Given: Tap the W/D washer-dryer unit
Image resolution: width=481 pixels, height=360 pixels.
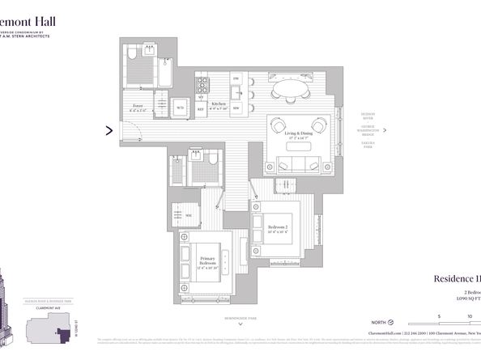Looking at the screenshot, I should pos(181,108).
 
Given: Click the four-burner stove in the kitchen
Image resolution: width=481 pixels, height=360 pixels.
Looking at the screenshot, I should pos(202,84).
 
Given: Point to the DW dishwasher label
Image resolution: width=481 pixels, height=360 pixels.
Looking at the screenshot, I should pos(236,78).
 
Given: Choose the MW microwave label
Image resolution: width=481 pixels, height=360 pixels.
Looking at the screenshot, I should pos(236,108).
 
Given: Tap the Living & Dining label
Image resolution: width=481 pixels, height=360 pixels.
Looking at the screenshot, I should pos(298,134).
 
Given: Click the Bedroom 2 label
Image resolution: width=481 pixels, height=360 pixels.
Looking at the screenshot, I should pos(277,228).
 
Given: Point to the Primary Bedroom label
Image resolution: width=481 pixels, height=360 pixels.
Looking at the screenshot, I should pos(207,265).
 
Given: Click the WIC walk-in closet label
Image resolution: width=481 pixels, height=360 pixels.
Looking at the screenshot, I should pos(188,215).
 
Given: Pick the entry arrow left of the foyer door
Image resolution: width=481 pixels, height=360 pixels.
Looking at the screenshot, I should pos(109,129).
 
